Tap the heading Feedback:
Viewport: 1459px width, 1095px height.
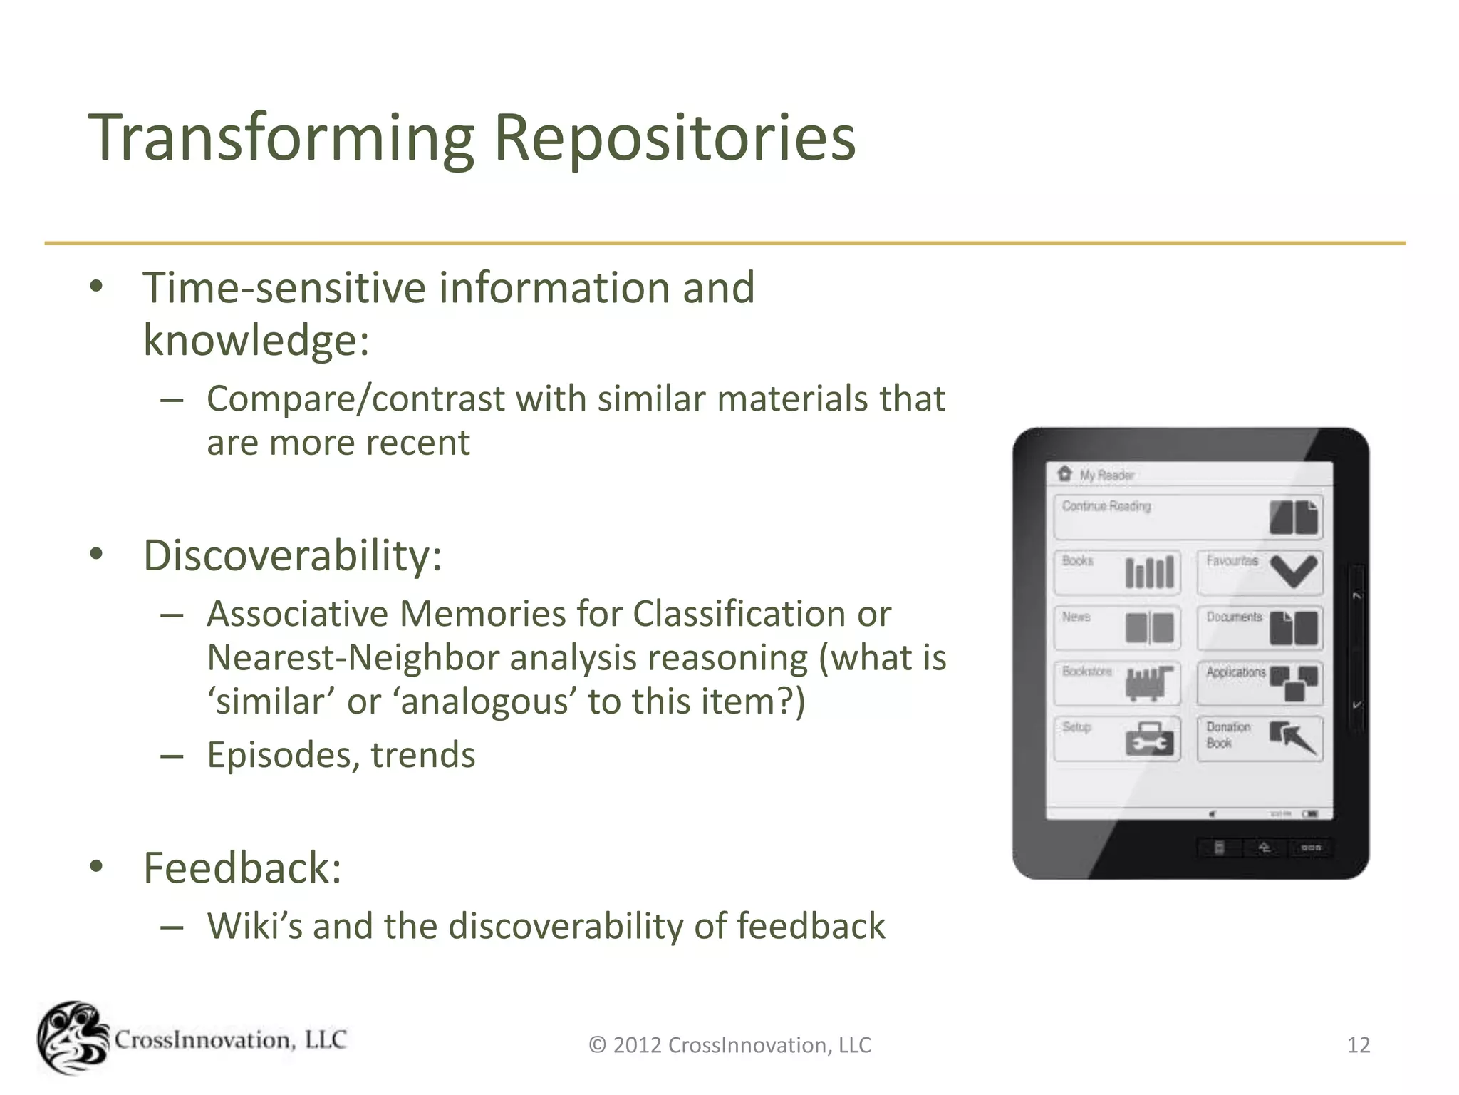click(x=242, y=868)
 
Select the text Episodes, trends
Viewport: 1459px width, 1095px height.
click(x=341, y=754)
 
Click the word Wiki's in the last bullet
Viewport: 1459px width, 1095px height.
click(x=254, y=926)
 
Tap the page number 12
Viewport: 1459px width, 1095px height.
click(x=1358, y=1045)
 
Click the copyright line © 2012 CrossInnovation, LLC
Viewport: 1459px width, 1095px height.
click(x=729, y=1045)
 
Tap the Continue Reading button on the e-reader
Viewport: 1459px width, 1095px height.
click(x=1188, y=517)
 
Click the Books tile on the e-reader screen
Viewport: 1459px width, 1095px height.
click(x=1116, y=572)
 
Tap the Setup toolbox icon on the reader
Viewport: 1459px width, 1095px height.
click(x=1148, y=739)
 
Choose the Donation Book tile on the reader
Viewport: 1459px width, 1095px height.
click(x=1259, y=739)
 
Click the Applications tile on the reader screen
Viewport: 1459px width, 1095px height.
click(x=1259, y=683)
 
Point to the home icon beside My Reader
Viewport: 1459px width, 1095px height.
click(x=1064, y=473)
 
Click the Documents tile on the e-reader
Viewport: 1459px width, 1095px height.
click(x=1259, y=627)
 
